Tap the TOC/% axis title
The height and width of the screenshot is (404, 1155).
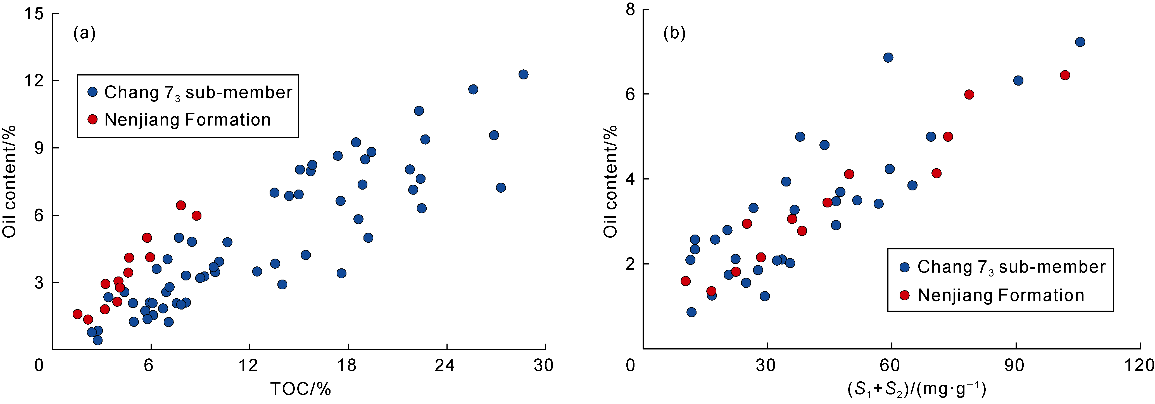click(x=300, y=389)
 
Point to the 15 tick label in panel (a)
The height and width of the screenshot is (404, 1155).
click(x=34, y=13)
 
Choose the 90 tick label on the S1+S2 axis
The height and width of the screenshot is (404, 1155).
click(x=1014, y=365)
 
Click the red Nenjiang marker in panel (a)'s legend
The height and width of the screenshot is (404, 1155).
click(x=92, y=119)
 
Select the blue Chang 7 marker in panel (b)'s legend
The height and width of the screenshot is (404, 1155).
click(x=904, y=267)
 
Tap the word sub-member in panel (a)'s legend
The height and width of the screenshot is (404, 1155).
click(x=239, y=93)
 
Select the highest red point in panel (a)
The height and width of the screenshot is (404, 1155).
click(x=181, y=205)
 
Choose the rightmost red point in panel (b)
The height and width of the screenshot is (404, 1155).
click(x=1065, y=75)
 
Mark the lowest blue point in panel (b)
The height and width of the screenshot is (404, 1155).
click(x=691, y=312)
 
